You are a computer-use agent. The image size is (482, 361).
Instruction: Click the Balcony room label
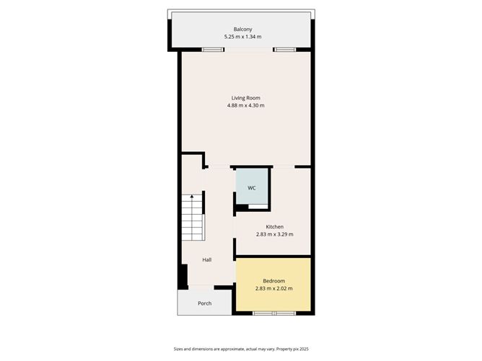(x=242, y=29)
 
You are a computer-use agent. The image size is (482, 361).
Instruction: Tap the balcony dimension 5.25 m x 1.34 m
(x=242, y=37)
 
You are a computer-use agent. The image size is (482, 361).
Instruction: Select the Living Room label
(x=245, y=98)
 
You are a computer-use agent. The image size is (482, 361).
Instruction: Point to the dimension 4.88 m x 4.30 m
(x=245, y=106)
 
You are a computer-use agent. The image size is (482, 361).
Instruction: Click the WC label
(x=252, y=188)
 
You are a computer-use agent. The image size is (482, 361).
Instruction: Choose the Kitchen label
(x=274, y=227)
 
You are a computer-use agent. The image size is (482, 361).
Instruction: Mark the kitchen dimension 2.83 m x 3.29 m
(x=274, y=235)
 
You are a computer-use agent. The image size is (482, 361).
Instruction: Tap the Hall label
(x=206, y=259)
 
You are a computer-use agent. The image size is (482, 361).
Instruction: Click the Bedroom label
(x=273, y=281)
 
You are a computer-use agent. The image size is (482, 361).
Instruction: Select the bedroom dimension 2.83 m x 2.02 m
(x=273, y=289)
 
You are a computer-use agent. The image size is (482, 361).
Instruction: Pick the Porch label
(x=205, y=303)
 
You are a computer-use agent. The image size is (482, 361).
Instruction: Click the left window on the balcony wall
(x=212, y=49)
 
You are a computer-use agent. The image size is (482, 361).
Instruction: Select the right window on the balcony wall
(x=284, y=49)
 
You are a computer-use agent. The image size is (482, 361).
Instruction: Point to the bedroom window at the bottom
(x=273, y=313)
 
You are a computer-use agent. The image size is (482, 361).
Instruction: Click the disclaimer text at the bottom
(x=241, y=349)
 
